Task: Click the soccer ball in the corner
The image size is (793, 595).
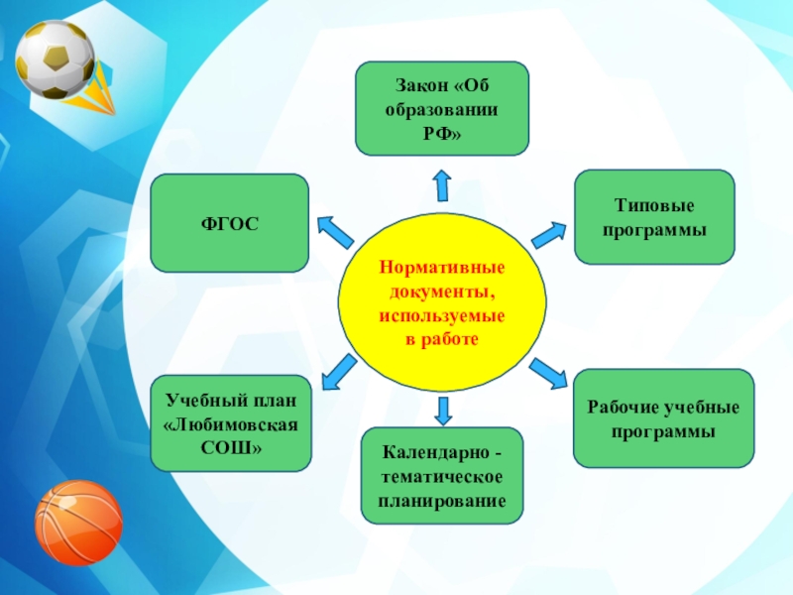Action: pyautogui.click(x=55, y=59)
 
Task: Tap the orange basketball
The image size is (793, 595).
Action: pyautogui.click(x=78, y=522)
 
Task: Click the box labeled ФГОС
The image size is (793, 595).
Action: pyautogui.click(x=229, y=223)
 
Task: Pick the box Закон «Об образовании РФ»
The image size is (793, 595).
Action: pyautogui.click(x=442, y=108)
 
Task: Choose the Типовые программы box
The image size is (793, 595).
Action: pyautogui.click(x=654, y=216)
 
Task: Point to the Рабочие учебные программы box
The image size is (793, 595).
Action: pyautogui.click(x=663, y=418)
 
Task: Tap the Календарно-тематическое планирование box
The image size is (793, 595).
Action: pyautogui.click(x=442, y=476)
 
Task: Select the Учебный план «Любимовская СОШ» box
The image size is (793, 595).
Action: pyautogui.click(x=231, y=423)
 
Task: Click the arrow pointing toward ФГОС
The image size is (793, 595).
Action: pyautogui.click(x=334, y=231)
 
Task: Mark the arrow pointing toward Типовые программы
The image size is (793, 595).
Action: pyautogui.click(x=548, y=235)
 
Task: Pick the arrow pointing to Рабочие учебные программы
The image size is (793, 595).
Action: pyautogui.click(x=547, y=373)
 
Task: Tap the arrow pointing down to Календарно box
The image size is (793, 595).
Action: pyautogui.click(x=443, y=410)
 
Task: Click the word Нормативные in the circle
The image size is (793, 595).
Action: pyautogui.click(x=442, y=269)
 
